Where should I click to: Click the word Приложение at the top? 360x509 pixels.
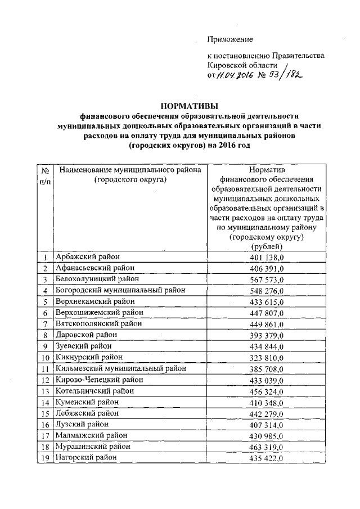click(230, 39)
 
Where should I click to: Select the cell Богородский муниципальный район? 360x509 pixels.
click(120, 290)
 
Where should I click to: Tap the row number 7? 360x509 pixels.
click(46, 324)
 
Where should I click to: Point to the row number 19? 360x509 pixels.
click(46, 458)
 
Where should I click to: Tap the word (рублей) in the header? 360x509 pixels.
click(267, 246)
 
